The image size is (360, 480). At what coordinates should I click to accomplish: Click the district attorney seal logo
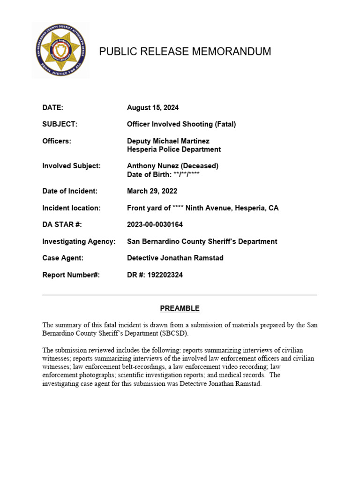(60, 50)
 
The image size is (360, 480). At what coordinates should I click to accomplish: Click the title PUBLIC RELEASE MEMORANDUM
(185, 52)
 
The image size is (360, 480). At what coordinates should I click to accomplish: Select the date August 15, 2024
(152, 108)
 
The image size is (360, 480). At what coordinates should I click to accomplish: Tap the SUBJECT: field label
(60, 124)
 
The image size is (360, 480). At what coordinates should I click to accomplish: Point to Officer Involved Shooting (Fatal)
(181, 124)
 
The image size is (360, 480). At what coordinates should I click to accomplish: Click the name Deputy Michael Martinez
(168, 141)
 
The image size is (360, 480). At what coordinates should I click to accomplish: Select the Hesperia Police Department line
(173, 150)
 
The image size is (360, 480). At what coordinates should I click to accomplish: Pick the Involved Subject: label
(71, 166)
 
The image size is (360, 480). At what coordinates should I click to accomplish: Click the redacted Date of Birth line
(164, 174)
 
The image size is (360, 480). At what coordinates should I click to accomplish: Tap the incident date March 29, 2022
(152, 191)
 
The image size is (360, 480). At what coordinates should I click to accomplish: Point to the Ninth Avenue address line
(202, 208)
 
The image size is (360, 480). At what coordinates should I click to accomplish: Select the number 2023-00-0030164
(155, 225)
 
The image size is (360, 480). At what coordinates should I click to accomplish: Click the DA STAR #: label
(62, 225)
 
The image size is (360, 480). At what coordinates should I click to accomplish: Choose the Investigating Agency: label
(79, 241)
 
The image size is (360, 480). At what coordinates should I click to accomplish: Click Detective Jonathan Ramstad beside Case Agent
(175, 258)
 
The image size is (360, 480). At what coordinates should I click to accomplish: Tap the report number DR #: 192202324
(155, 275)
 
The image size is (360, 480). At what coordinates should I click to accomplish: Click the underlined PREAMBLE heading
(180, 308)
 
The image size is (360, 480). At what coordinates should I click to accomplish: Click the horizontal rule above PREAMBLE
(180, 295)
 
